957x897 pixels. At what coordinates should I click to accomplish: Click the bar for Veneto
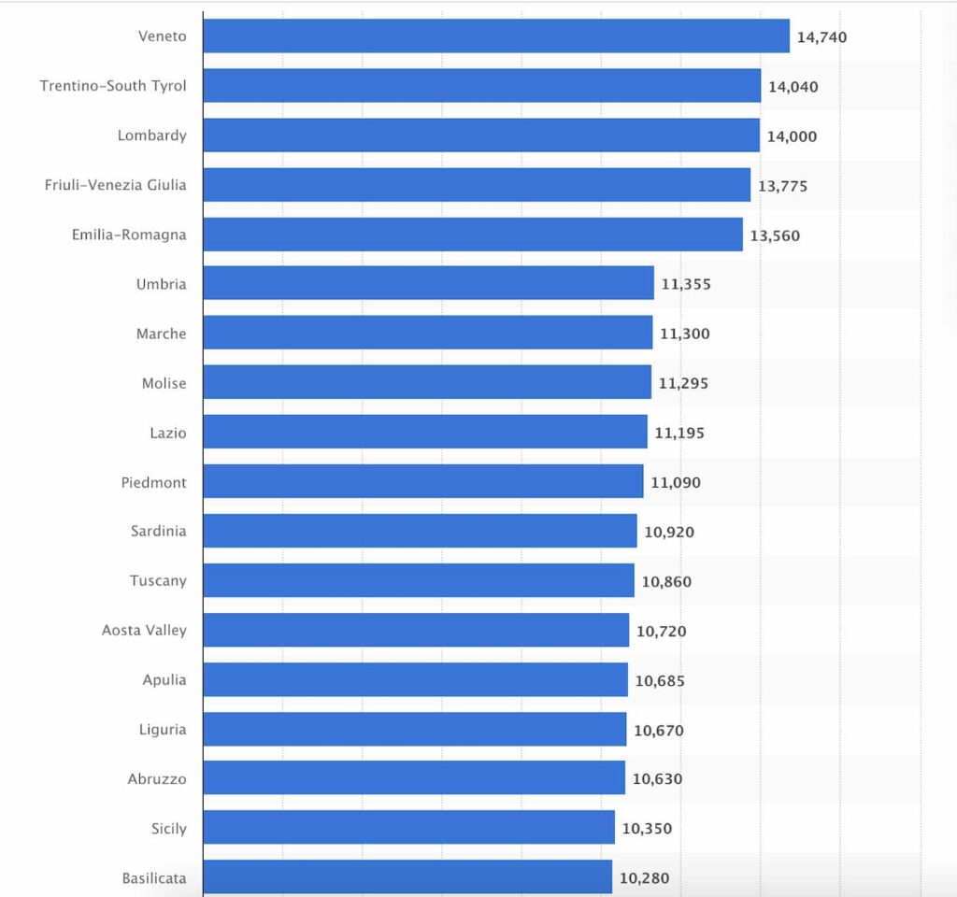click(495, 36)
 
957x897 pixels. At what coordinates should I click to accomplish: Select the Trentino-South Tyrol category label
click(113, 86)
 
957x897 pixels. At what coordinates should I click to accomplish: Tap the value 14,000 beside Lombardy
click(793, 136)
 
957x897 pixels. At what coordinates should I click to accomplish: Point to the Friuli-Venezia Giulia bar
click(477, 185)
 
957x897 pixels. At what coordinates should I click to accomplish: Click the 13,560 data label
click(775, 235)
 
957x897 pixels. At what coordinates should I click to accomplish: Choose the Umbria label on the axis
click(162, 284)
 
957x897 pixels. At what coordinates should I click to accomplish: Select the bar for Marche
click(427, 333)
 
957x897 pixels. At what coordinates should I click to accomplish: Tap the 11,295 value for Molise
click(684, 383)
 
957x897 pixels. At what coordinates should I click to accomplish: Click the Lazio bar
click(424, 432)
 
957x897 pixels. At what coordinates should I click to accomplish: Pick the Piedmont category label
click(154, 483)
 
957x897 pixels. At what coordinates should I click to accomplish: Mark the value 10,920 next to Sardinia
click(669, 533)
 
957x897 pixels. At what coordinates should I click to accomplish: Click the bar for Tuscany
click(418, 580)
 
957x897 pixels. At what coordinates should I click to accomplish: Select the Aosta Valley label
click(145, 631)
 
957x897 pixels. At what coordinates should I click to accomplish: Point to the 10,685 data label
click(660, 681)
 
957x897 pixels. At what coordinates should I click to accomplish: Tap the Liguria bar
click(414, 729)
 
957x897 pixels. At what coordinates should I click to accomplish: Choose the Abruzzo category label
click(157, 779)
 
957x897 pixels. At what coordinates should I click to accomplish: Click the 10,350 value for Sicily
click(647, 829)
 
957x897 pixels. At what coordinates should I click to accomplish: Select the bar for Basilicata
click(407, 877)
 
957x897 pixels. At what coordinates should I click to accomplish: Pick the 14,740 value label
click(822, 37)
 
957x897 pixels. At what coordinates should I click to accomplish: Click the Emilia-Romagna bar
click(472, 235)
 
